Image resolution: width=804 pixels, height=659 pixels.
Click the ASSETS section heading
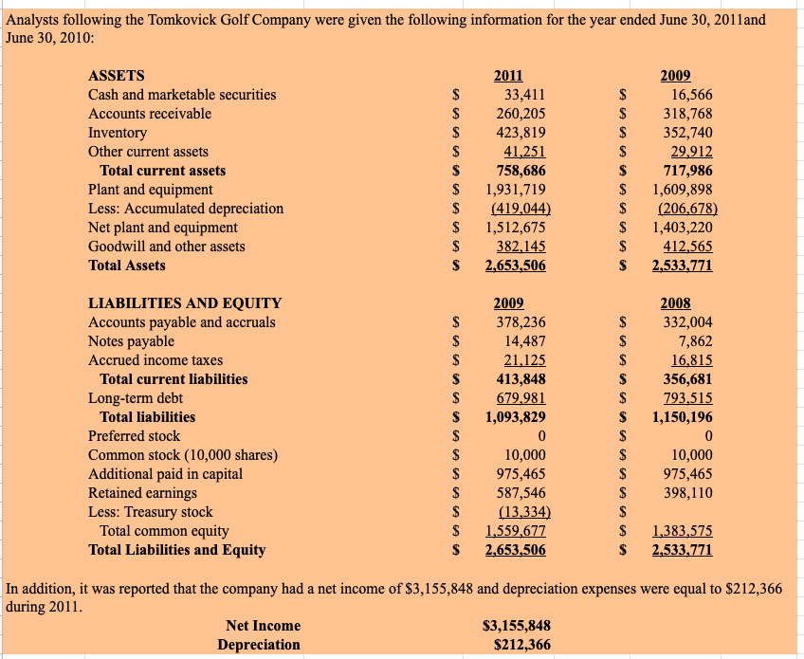tap(117, 75)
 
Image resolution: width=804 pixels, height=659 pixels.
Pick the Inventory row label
tap(118, 133)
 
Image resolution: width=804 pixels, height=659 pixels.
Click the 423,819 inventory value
tap(520, 133)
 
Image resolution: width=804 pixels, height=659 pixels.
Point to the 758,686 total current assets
tap(520, 171)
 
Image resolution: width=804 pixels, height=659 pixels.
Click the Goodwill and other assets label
tap(166, 247)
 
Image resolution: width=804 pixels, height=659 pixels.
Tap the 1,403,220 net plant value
tap(683, 228)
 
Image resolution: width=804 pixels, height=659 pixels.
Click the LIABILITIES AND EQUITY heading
tap(185, 303)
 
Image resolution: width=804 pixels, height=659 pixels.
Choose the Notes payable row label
tap(131, 341)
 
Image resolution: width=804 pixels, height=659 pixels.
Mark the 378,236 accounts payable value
tap(520, 322)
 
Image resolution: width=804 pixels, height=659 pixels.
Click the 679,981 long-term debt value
tap(520, 398)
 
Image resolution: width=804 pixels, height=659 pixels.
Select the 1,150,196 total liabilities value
tap(683, 417)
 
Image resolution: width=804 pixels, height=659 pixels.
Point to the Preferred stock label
tap(134, 436)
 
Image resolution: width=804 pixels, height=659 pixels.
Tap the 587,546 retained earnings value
tap(520, 493)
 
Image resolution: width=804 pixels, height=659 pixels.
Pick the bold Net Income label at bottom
tap(263, 626)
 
